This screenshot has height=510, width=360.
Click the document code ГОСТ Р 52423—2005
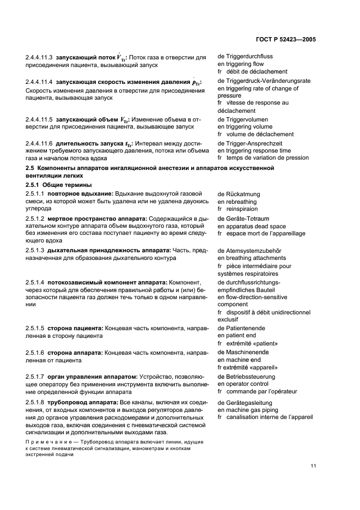click(286, 40)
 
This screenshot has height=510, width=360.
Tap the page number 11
click(313, 465)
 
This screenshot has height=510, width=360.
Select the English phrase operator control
click(243, 384)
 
